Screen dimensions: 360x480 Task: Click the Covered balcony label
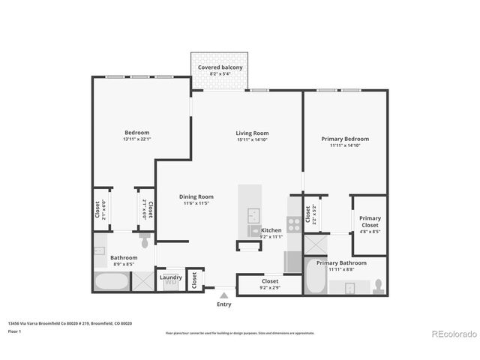[x=220, y=67]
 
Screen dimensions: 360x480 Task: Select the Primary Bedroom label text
[x=344, y=139]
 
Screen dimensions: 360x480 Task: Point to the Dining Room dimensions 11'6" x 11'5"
[x=196, y=203]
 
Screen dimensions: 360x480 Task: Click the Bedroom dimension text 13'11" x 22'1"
[x=136, y=139]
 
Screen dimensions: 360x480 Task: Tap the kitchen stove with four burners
[x=294, y=222]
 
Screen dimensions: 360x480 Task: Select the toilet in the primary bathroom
[x=379, y=286]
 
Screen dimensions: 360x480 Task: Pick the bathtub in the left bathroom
[x=110, y=283]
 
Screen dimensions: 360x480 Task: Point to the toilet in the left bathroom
[x=145, y=241]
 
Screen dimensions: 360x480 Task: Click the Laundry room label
[x=171, y=277]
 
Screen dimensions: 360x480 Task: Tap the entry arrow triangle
[x=223, y=295]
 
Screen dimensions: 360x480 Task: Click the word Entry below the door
[x=224, y=304]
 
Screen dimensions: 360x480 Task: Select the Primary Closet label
[x=370, y=221]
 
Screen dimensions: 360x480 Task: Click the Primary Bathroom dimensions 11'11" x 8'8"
[x=341, y=270]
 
